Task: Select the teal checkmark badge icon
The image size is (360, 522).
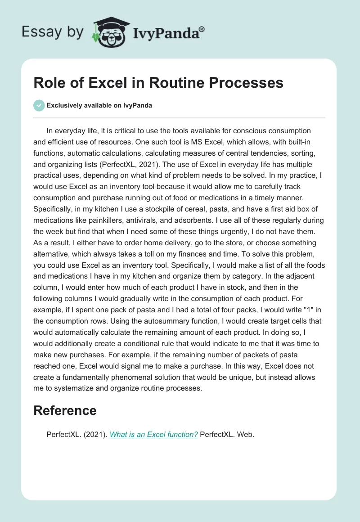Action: pos(39,105)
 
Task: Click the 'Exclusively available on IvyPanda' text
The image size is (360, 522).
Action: pos(99,105)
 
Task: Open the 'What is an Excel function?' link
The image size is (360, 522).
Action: pos(153,435)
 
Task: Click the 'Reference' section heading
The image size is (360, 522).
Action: pos(65,410)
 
